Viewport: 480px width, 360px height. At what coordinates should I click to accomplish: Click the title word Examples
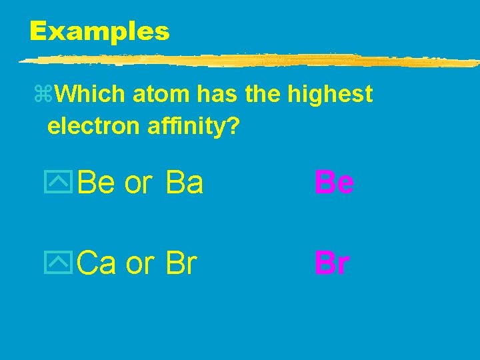click(x=99, y=31)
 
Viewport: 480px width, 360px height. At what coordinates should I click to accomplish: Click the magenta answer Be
click(x=334, y=183)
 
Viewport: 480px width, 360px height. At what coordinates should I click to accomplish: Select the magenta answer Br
click(x=331, y=264)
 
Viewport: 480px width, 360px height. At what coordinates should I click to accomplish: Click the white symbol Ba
click(x=185, y=183)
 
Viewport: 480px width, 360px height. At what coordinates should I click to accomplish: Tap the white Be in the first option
click(x=97, y=183)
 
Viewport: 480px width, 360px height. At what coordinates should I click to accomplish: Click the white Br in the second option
click(x=181, y=264)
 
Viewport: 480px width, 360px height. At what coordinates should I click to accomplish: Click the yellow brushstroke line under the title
click(x=247, y=61)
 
